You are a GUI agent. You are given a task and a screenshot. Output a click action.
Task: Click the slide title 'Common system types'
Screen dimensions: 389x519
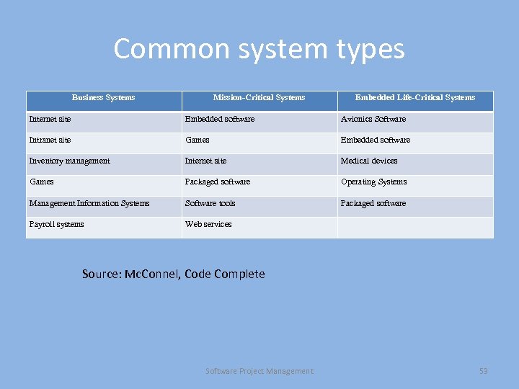pos(259,49)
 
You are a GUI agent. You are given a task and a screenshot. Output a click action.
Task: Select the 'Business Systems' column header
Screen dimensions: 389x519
pos(103,97)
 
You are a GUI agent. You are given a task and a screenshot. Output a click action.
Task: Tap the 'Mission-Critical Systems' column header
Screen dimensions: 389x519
pos(259,97)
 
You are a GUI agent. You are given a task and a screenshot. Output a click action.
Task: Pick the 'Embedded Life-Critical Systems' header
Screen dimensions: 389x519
pos(415,97)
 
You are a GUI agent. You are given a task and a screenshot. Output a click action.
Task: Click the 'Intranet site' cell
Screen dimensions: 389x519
pos(50,140)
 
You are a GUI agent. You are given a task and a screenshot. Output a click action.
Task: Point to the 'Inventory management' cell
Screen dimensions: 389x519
pos(69,161)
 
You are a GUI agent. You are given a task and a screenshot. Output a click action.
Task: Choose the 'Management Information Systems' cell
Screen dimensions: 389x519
pos(89,203)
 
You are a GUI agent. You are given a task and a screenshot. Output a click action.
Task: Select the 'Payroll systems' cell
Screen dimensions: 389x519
pos(56,224)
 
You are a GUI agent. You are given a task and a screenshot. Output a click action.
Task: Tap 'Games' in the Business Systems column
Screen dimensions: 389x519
pos(41,182)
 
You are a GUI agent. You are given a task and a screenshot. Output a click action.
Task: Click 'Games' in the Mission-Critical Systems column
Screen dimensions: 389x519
pos(198,140)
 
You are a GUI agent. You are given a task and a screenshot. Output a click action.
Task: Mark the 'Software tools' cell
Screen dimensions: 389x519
pos(210,203)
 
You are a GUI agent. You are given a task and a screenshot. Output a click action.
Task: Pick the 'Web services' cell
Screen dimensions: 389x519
pos(208,224)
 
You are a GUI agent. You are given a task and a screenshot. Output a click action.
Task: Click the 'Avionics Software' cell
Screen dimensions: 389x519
pos(373,119)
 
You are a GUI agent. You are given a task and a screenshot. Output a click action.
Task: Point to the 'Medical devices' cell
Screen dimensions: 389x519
pos(369,161)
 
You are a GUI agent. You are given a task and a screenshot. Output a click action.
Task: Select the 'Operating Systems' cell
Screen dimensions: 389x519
pos(373,182)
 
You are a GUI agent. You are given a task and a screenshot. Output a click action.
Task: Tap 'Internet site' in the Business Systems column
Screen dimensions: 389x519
pos(50,119)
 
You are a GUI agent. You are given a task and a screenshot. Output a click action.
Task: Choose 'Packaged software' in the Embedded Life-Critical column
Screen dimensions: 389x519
pos(373,203)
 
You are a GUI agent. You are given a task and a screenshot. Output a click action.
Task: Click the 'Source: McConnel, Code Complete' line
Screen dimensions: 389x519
pos(173,274)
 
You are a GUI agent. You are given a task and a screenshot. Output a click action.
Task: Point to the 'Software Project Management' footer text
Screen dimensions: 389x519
pos(259,371)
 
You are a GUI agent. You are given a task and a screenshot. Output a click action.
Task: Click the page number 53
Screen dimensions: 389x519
pos(484,371)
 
